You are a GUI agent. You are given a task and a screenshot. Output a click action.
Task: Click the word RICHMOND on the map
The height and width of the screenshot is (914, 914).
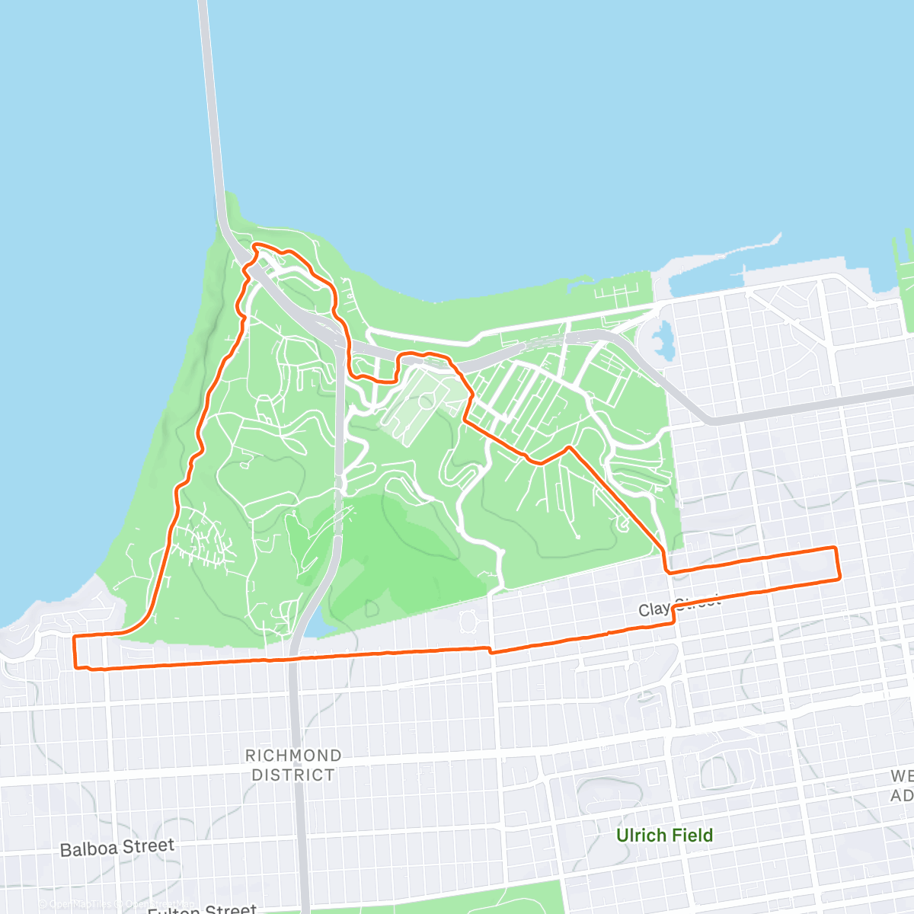(292, 756)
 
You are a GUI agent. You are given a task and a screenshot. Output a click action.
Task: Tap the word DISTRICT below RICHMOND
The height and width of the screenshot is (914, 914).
(292, 775)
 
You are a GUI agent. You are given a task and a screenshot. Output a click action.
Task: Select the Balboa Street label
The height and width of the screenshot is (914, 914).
(117, 848)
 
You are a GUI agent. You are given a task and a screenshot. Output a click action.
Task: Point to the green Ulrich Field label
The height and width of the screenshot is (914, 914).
(664, 835)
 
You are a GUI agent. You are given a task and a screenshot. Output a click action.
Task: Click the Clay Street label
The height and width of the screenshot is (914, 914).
(679, 606)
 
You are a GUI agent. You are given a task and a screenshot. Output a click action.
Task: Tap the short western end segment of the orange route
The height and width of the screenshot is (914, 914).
(75, 651)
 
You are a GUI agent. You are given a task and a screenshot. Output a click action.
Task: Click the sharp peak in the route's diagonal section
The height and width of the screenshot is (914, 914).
(569, 448)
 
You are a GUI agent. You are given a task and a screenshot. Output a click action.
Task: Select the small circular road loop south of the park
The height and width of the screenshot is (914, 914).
(469, 620)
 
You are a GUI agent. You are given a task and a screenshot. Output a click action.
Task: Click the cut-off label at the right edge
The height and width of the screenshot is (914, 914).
(902, 785)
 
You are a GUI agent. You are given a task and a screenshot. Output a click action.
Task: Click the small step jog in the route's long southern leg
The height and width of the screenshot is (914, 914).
(490, 650)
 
